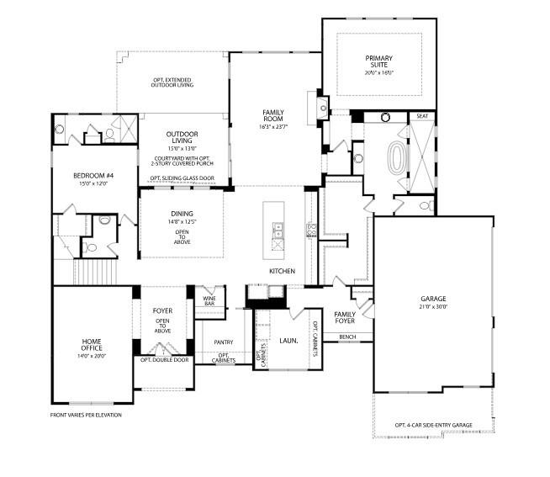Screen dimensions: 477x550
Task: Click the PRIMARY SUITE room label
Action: (x=378, y=61)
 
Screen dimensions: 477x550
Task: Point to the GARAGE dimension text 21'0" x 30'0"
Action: (x=433, y=307)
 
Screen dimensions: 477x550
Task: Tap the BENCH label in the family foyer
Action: (x=347, y=337)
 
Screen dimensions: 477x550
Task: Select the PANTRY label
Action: (x=223, y=342)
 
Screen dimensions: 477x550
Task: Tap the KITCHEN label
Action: (x=281, y=271)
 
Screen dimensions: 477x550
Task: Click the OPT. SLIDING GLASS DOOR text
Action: (x=182, y=178)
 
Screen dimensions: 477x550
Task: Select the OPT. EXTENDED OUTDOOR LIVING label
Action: (x=172, y=82)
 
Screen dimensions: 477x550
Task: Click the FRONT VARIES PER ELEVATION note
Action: (x=86, y=415)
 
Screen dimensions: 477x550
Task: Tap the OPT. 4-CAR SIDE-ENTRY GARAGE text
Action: (x=435, y=425)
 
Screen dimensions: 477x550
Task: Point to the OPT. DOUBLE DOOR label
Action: (x=165, y=360)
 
